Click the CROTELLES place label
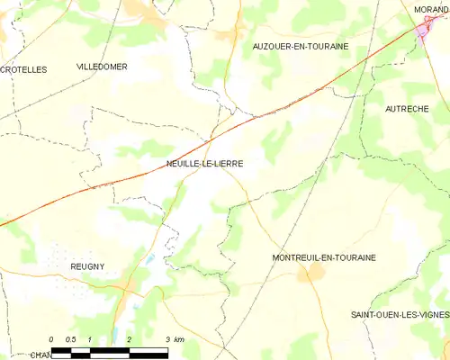click(x=22, y=68)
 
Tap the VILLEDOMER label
click(x=102, y=67)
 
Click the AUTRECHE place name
click(x=406, y=108)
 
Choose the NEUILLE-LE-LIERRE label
click(x=204, y=163)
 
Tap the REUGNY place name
click(x=88, y=266)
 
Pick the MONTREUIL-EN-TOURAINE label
click(x=323, y=257)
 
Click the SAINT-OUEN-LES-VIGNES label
click(x=400, y=313)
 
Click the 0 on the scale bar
click(x=52, y=338)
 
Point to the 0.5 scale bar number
click(x=70, y=338)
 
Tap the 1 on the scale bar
click(x=91, y=338)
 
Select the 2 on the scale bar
click(x=130, y=338)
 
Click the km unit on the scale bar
click(x=178, y=338)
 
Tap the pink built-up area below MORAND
click(x=423, y=33)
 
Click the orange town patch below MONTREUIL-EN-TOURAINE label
click(x=310, y=273)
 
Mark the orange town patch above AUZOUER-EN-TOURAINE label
click(x=226, y=35)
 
